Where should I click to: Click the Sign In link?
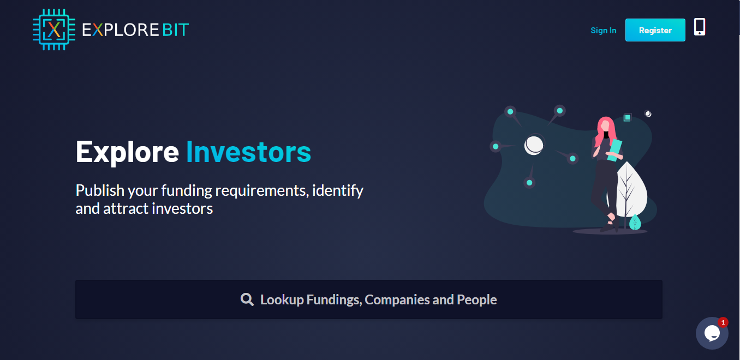(603, 31)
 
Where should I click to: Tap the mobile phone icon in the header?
(700, 27)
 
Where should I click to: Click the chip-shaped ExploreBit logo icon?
(54, 29)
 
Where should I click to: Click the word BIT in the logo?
(175, 29)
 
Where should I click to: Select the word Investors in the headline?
(248, 152)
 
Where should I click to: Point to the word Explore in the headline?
(127, 153)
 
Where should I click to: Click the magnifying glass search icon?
(247, 299)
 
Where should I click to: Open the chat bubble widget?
(712, 333)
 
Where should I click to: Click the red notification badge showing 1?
(723, 322)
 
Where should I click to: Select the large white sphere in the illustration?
(534, 145)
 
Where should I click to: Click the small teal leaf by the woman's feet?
(635, 222)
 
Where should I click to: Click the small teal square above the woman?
(628, 118)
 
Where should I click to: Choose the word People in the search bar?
(477, 300)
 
